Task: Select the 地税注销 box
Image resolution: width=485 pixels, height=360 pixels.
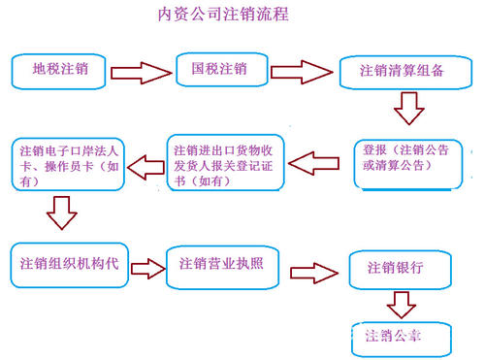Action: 58,71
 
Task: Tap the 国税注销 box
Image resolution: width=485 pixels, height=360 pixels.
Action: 219,70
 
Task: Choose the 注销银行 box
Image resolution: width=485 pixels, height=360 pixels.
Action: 400,269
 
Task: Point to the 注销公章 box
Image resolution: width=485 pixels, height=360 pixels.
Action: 400,335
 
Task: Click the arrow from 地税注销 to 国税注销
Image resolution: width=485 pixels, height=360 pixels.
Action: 140,72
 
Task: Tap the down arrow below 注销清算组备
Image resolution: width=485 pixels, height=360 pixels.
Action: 409,107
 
